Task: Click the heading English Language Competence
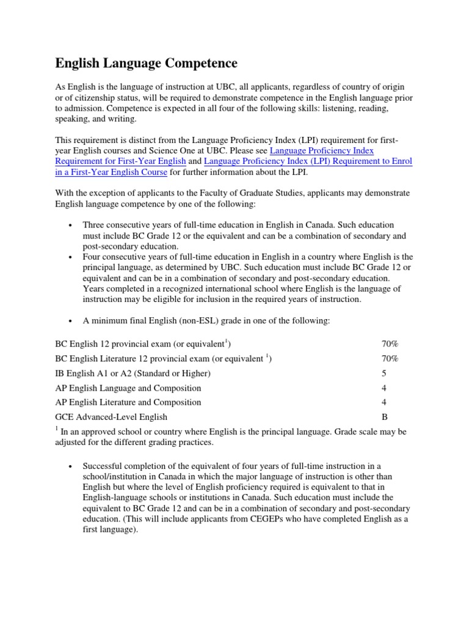coord(146,63)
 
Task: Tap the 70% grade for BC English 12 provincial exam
coord(390,344)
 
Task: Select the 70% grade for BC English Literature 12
coord(390,358)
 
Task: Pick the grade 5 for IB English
coord(384,373)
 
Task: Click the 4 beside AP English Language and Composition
coord(384,388)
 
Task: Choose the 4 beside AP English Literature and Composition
coord(384,402)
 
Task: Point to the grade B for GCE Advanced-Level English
coord(384,417)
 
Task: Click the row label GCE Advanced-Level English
coord(111,417)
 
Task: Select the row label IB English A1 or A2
coord(133,373)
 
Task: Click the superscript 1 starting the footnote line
coord(57,429)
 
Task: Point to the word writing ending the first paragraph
coord(121,119)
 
